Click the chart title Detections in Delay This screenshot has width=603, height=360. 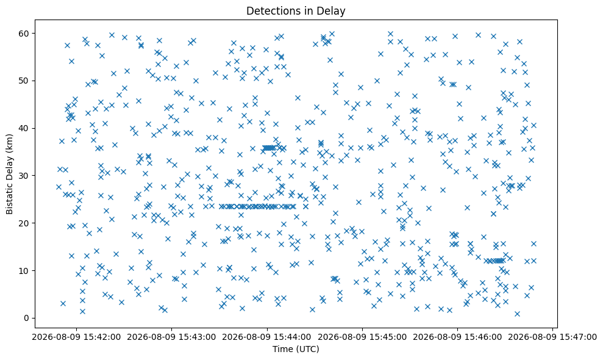296,11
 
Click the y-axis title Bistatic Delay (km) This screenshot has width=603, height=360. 10,174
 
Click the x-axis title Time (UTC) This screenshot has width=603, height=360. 296,349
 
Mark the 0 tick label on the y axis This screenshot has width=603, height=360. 27,318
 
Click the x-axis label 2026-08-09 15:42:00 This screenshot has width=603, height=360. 76,337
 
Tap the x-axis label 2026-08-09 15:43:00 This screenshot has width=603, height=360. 171,337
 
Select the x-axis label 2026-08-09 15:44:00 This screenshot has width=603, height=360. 267,337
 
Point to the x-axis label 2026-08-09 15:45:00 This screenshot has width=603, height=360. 362,337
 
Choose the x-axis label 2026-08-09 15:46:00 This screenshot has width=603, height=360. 457,337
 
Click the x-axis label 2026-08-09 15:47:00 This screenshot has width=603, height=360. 552,337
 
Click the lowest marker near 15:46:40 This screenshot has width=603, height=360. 517,314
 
